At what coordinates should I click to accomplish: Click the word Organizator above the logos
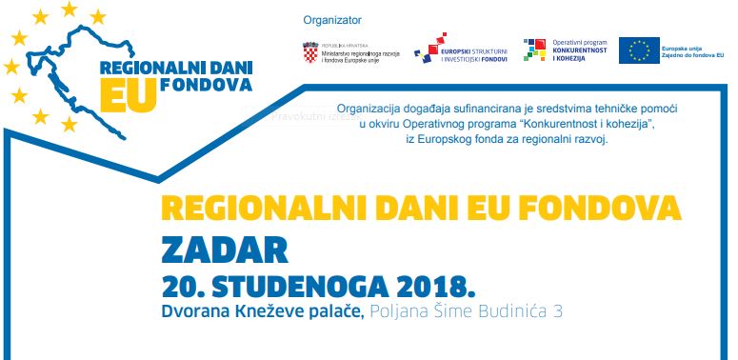pyautogui.click(x=332, y=20)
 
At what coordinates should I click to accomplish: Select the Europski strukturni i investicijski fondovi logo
pyautogui.click(x=460, y=50)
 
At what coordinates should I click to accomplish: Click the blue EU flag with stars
pyautogui.click(x=639, y=50)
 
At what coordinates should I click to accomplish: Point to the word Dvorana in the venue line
pyautogui.click(x=196, y=311)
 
